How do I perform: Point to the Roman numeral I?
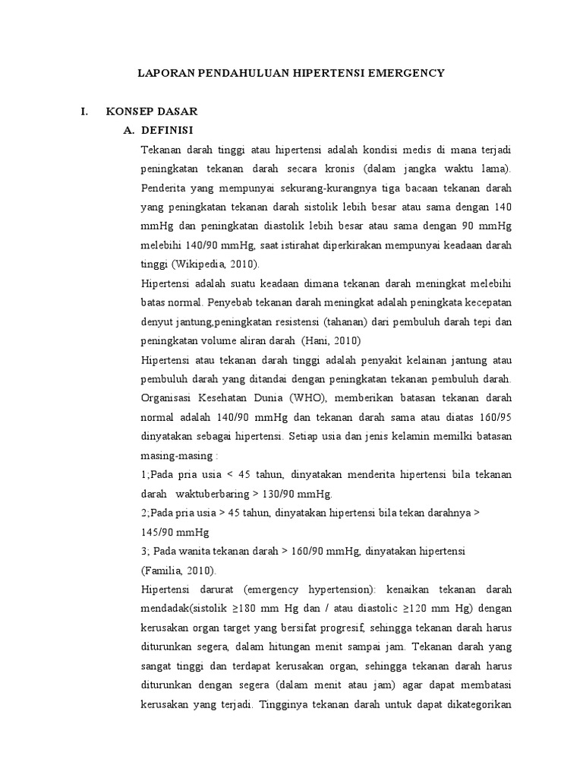tap(85, 112)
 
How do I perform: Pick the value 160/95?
tap(495, 416)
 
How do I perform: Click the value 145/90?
tap(158, 531)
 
